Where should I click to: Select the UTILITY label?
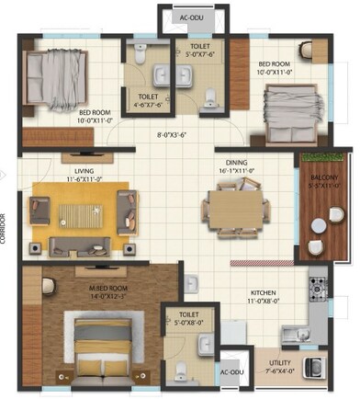(x=279, y=367)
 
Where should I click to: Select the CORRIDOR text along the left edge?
(x=5, y=226)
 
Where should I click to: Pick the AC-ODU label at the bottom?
(x=231, y=373)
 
